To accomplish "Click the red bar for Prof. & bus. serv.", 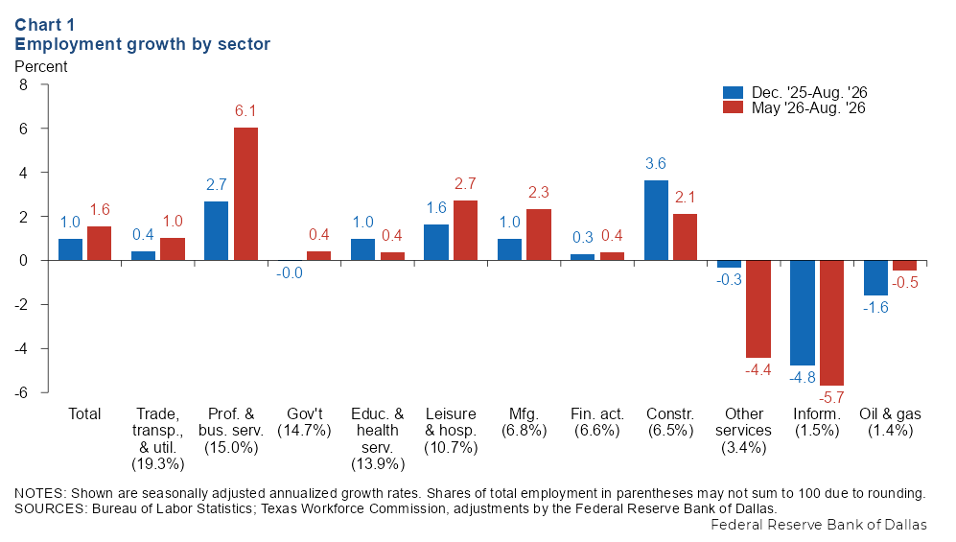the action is [x=245, y=194].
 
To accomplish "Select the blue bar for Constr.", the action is [x=656, y=221].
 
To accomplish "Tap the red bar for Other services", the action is [x=758, y=309].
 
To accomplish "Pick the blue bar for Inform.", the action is [x=803, y=313].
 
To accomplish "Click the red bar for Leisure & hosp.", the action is [x=465, y=230].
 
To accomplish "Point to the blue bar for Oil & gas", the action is [x=875, y=278].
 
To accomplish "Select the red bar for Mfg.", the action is [x=539, y=235].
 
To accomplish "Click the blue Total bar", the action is [x=70, y=249].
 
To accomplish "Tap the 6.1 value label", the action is [x=245, y=111].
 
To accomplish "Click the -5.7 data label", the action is [x=831, y=397].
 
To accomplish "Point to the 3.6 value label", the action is [x=656, y=163].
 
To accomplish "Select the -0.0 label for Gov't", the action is [x=289, y=273].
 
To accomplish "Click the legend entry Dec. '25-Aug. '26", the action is [x=795, y=93].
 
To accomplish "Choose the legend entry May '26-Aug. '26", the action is [x=795, y=107].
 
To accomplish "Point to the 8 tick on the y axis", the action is [x=23, y=84].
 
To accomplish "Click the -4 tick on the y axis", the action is [x=21, y=349].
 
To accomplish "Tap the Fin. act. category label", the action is [x=596, y=414].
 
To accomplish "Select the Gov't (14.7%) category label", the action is [x=304, y=422].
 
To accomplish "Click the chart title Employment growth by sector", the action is [x=143, y=44].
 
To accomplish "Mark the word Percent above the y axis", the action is [x=41, y=66].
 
